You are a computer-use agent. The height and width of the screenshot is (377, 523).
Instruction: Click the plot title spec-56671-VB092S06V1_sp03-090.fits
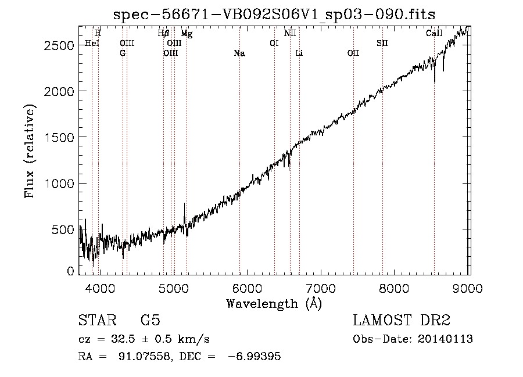(x=274, y=15)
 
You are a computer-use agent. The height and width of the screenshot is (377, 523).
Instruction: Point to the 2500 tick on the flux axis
(x=59, y=46)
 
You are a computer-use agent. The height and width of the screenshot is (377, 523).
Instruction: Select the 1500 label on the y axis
(x=59, y=137)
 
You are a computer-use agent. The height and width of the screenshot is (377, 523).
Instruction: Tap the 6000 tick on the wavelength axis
(x=247, y=288)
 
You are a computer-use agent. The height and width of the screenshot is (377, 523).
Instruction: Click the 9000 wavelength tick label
(x=468, y=288)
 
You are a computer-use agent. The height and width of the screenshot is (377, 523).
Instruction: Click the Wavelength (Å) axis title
(x=274, y=304)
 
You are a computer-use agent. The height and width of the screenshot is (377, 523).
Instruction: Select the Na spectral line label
(x=239, y=53)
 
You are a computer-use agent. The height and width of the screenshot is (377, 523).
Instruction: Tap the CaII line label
(x=434, y=33)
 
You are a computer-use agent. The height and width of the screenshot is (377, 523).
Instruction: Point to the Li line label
(x=299, y=53)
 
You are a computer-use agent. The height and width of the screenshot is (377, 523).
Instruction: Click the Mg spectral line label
(x=187, y=34)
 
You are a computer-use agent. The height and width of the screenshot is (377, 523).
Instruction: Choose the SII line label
(x=382, y=44)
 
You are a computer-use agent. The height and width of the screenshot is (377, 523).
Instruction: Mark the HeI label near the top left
(x=92, y=44)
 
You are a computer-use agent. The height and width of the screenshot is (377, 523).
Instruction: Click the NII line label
(x=290, y=33)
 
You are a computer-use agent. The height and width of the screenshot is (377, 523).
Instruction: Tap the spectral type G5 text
(x=151, y=320)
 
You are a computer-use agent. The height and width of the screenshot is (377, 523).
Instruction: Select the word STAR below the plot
(x=98, y=320)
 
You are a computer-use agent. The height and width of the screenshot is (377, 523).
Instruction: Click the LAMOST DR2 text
(x=402, y=320)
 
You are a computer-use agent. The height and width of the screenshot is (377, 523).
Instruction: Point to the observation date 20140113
(x=445, y=339)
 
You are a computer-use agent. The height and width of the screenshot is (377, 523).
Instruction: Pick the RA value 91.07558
(x=145, y=356)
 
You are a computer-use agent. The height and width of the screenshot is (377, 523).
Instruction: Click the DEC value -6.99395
(x=255, y=356)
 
